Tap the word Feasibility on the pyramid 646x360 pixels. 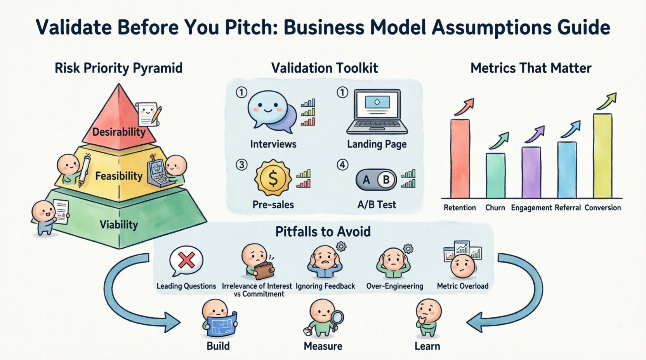click(119, 176)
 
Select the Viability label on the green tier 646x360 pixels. click(119, 225)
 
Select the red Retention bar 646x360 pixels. click(460, 159)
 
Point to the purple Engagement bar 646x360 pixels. click(531, 173)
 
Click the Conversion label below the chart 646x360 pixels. click(603, 208)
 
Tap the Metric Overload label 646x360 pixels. click(462, 286)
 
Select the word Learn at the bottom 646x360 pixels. click(427, 346)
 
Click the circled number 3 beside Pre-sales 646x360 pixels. click(241, 164)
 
